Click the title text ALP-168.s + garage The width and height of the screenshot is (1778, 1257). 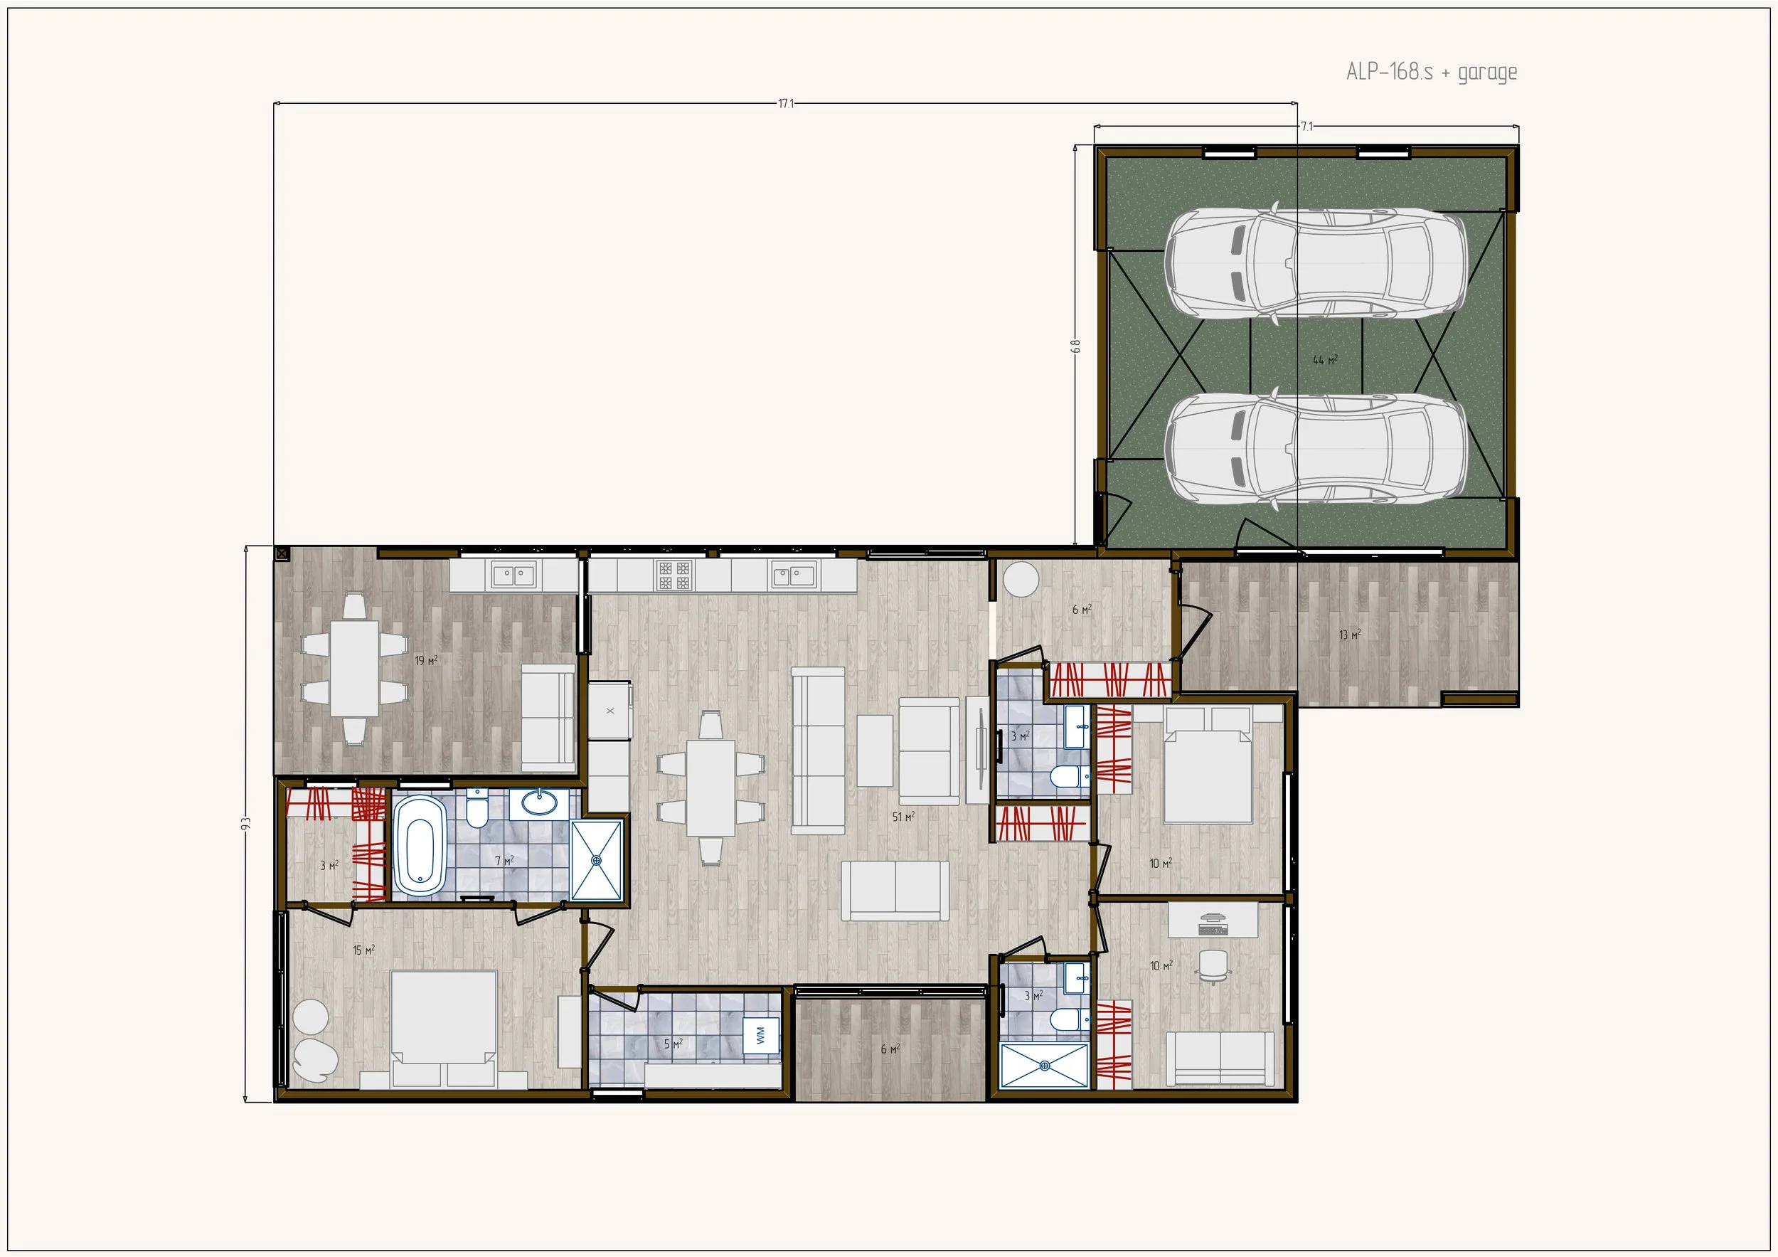click(x=1431, y=72)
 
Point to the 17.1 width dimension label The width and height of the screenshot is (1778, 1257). click(x=786, y=104)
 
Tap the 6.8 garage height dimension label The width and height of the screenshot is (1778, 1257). click(x=1075, y=346)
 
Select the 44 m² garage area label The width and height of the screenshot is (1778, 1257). click(x=1325, y=360)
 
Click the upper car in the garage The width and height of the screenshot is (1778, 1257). click(x=1315, y=263)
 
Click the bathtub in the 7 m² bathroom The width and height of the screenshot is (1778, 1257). click(x=420, y=846)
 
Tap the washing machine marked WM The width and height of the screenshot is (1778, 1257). click(x=760, y=1036)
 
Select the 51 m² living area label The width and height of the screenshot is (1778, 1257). click(x=903, y=817)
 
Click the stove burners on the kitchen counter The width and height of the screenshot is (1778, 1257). click(x=673, y=576)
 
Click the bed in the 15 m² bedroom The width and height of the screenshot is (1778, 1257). click(x=443, y=1029)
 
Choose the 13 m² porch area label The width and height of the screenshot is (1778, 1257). click(x=1350, y=635)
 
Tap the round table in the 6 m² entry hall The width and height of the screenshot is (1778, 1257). click(x=1020, y=579)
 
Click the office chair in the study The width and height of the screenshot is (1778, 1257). click(x=1213, y=967)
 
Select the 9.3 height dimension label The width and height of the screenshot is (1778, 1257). click(x=246, y=823)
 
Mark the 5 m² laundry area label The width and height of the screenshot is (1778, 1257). click(x=673, y=1044)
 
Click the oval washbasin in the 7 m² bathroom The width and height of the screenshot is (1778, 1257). click(x=539, y=802)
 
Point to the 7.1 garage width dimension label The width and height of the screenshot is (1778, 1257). click(x=1306, y=126)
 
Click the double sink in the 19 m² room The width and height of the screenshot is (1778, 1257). click(x=513, y=576)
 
